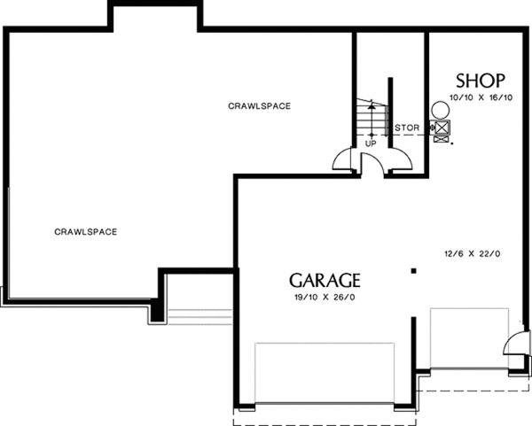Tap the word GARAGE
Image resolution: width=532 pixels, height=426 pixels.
pos(325,280)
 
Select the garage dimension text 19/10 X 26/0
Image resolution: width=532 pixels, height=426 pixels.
pos(325,298)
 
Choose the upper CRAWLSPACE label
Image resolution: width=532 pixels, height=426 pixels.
pos(260,106)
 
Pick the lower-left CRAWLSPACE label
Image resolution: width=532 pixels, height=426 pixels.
pos(86,232)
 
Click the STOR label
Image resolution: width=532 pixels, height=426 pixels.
pos(407,128)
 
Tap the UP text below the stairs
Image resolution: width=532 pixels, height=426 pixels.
pos(370,143)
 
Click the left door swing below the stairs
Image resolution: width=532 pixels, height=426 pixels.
pos(344,159)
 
